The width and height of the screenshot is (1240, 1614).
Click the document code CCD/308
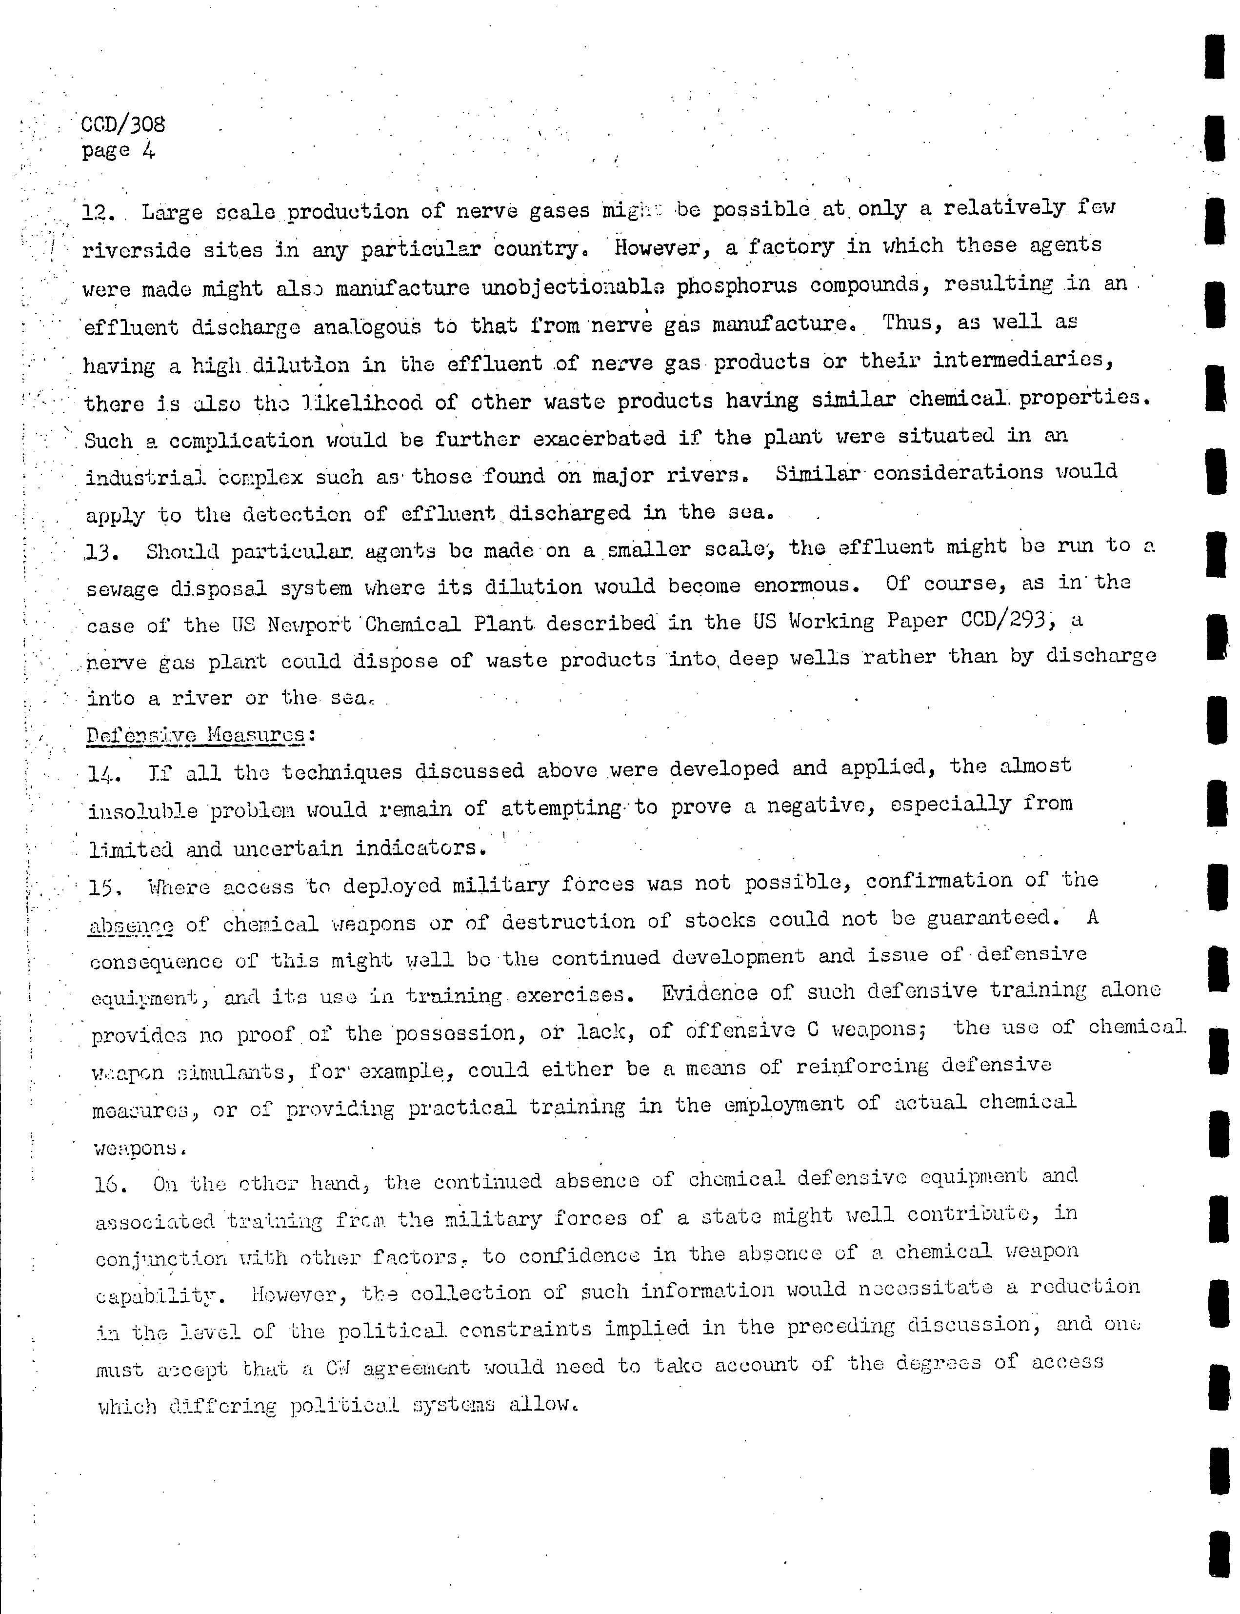pos(123,123)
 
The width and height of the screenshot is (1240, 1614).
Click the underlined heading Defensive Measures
pos(196,735)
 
